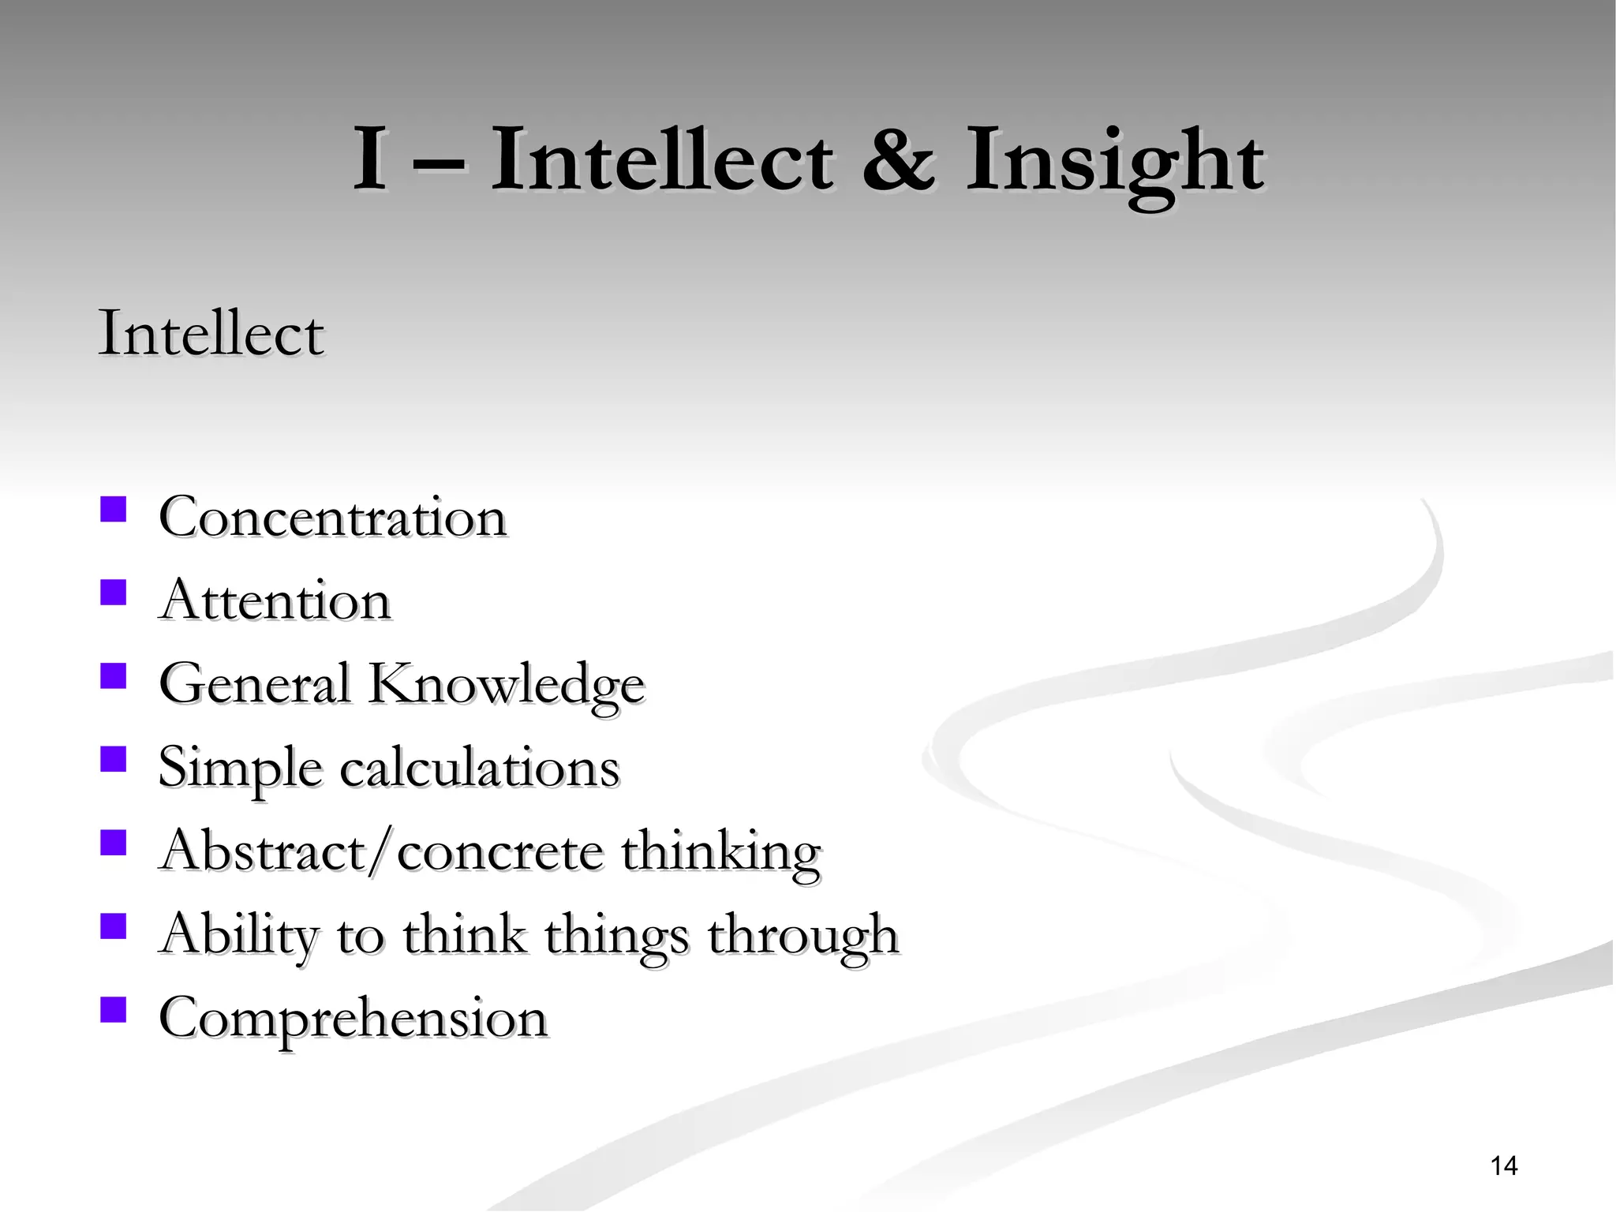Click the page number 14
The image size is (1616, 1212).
coord(1504,1165)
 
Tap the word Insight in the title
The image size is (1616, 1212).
coord(1115,164)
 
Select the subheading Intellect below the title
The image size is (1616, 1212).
coord(211,334)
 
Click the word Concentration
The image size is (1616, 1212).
coord(332,518)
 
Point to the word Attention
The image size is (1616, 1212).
coord(275,601)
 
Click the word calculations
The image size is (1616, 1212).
coord(480,768)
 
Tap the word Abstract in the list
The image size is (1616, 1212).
coord(260,851)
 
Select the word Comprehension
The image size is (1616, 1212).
coord(353,1018)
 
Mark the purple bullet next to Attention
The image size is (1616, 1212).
coord(114,592)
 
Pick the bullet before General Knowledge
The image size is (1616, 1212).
coord(114,675)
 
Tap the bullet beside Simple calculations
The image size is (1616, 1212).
coord(114,759)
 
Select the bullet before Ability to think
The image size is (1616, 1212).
coord(114,926)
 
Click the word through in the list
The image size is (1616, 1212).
coord(802,937)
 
